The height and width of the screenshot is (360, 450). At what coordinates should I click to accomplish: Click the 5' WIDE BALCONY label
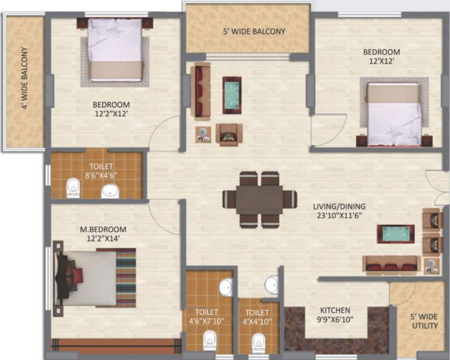pos(254,32)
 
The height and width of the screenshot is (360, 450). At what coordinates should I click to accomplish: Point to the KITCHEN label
pos(335,310)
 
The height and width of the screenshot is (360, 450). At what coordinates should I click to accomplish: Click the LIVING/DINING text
pos(339,206)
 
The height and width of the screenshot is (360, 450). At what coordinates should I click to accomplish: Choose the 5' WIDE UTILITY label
pos(424,321)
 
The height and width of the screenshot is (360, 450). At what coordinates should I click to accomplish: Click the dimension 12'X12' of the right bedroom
pos(381,61)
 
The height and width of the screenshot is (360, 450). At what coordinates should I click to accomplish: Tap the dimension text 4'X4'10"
pos(257,322)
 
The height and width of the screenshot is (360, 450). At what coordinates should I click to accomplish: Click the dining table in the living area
pos(259,199)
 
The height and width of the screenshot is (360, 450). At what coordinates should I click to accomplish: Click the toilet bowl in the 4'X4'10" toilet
pos(259,342)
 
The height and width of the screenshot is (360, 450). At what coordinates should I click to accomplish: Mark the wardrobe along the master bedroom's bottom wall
pos(116,345)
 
